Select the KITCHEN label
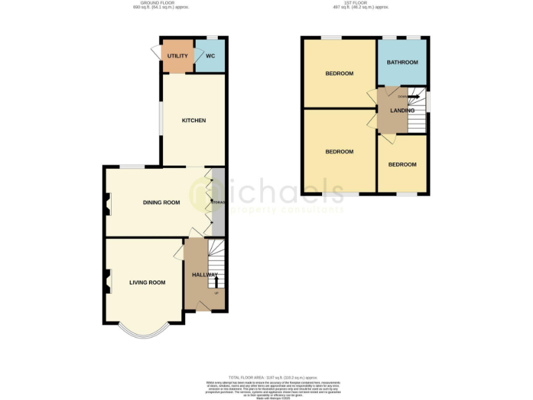tap(194, 121)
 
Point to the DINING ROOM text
tap(161, 203)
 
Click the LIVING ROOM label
tap(147, 283)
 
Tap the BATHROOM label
tap(403, 62)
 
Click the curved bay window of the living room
tap(144, 332)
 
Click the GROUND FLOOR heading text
tap(160, 4)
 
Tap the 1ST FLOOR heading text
tap(360, 4)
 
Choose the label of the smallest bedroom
tap(402, 165)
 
